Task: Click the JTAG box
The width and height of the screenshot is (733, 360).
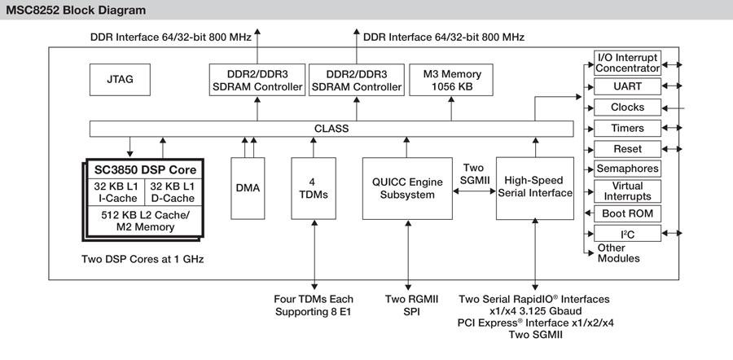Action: (120, 80)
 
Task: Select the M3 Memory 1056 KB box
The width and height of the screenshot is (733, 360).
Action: (452, 80)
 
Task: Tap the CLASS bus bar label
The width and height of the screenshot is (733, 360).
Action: (331, 129)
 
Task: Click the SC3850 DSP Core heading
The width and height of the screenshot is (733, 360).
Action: (144, 169)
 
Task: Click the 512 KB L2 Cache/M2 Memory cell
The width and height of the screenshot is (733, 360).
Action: (144, 221)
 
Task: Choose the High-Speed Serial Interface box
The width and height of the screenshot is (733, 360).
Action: (534, 187)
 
